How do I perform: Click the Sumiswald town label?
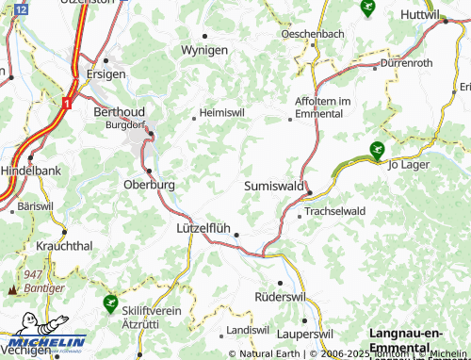[274, 188]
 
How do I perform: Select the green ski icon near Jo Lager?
[377, 149]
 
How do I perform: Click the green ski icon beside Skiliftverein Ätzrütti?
[110, 303]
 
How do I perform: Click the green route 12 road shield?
[22, 7]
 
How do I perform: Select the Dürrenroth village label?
[406, 62]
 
